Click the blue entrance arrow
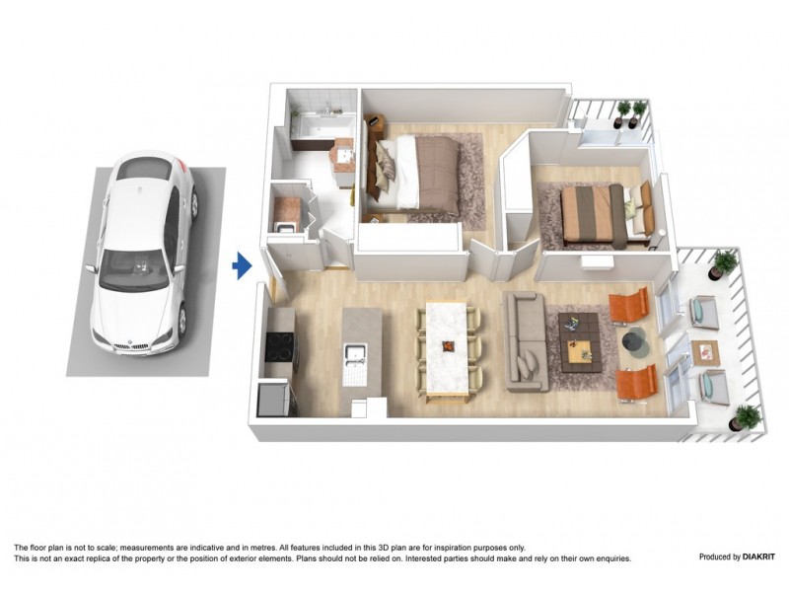pos(241,265)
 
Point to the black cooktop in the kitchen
pos(279,347)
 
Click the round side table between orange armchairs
pos(634,342)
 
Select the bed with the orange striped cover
pos(595,212)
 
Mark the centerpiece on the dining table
pos(449,346)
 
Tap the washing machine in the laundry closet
pos(289,210)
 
